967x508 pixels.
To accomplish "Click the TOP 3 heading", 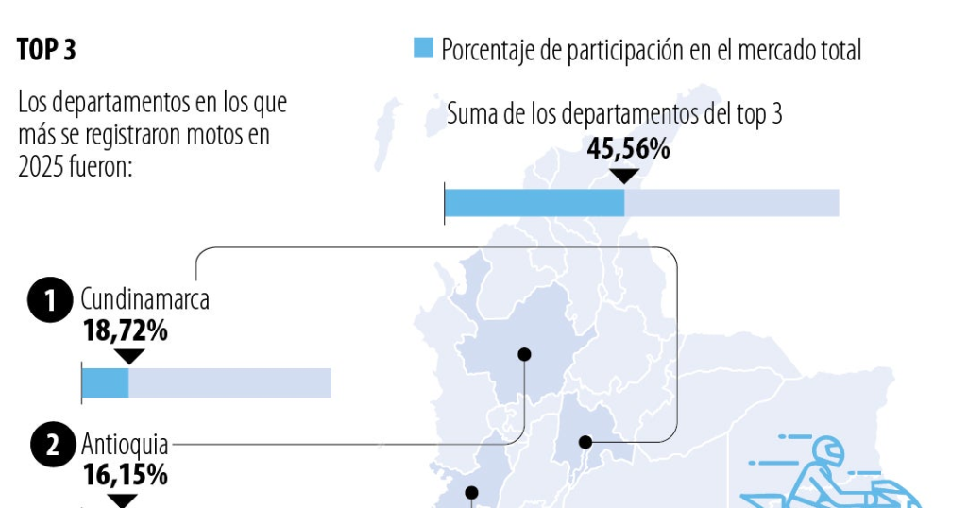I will tap(46, 50).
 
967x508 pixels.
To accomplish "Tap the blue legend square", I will tap(424, 48).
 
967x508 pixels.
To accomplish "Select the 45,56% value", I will tap(628, 148).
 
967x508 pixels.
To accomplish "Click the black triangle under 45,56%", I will tap(624, 176).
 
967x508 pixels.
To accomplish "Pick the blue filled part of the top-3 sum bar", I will tap(534, 203).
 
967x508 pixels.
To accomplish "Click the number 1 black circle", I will tap(51, 301).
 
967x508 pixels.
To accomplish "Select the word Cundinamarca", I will tap(144, 300).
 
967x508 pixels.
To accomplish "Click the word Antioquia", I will tap(125, 443).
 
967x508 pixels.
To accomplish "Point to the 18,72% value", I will tap(125, 330).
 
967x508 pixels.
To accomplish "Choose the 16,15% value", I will tap(125, 474).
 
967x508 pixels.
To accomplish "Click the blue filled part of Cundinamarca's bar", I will tap(105, 382).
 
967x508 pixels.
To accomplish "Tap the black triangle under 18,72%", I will tap(128, 356).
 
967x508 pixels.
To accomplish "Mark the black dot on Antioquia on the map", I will tap(524, 354).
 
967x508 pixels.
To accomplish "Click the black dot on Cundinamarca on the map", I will tap(585, 441).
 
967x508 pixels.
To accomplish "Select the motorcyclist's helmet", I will tap(827, 450).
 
